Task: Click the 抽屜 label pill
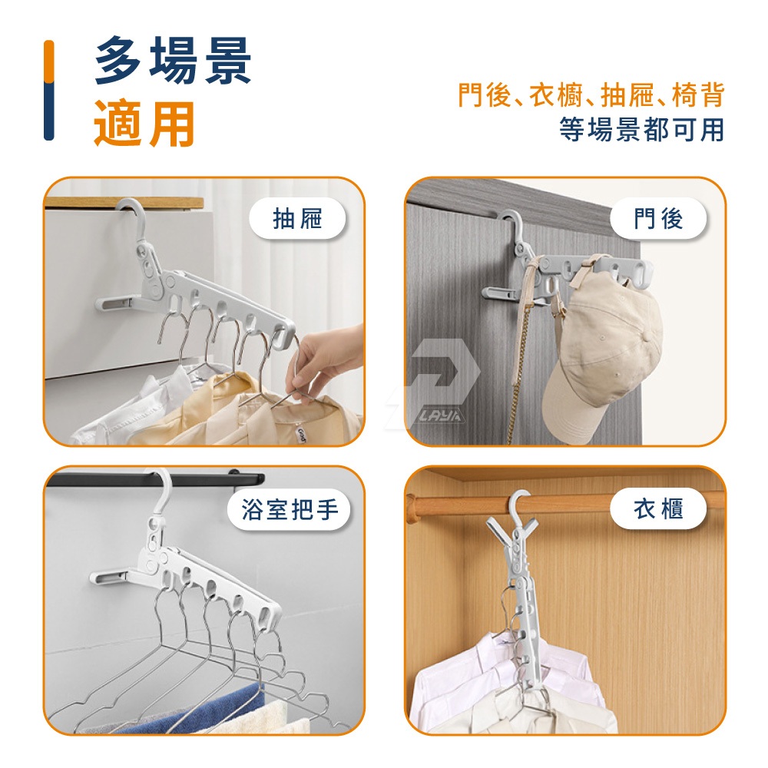[297, 218]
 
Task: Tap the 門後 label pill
[658, 218]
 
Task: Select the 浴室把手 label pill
[290, 509]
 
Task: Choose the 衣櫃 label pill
[658, 508]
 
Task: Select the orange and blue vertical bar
[49, 90]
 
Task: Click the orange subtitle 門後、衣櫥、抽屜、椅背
[591, 94]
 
